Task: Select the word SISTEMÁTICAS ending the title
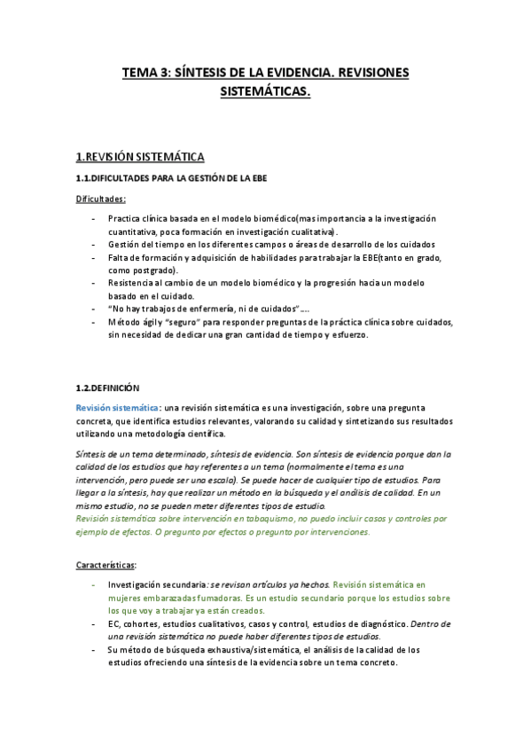coord(264,92)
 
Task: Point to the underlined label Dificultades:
coord(100,200)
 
